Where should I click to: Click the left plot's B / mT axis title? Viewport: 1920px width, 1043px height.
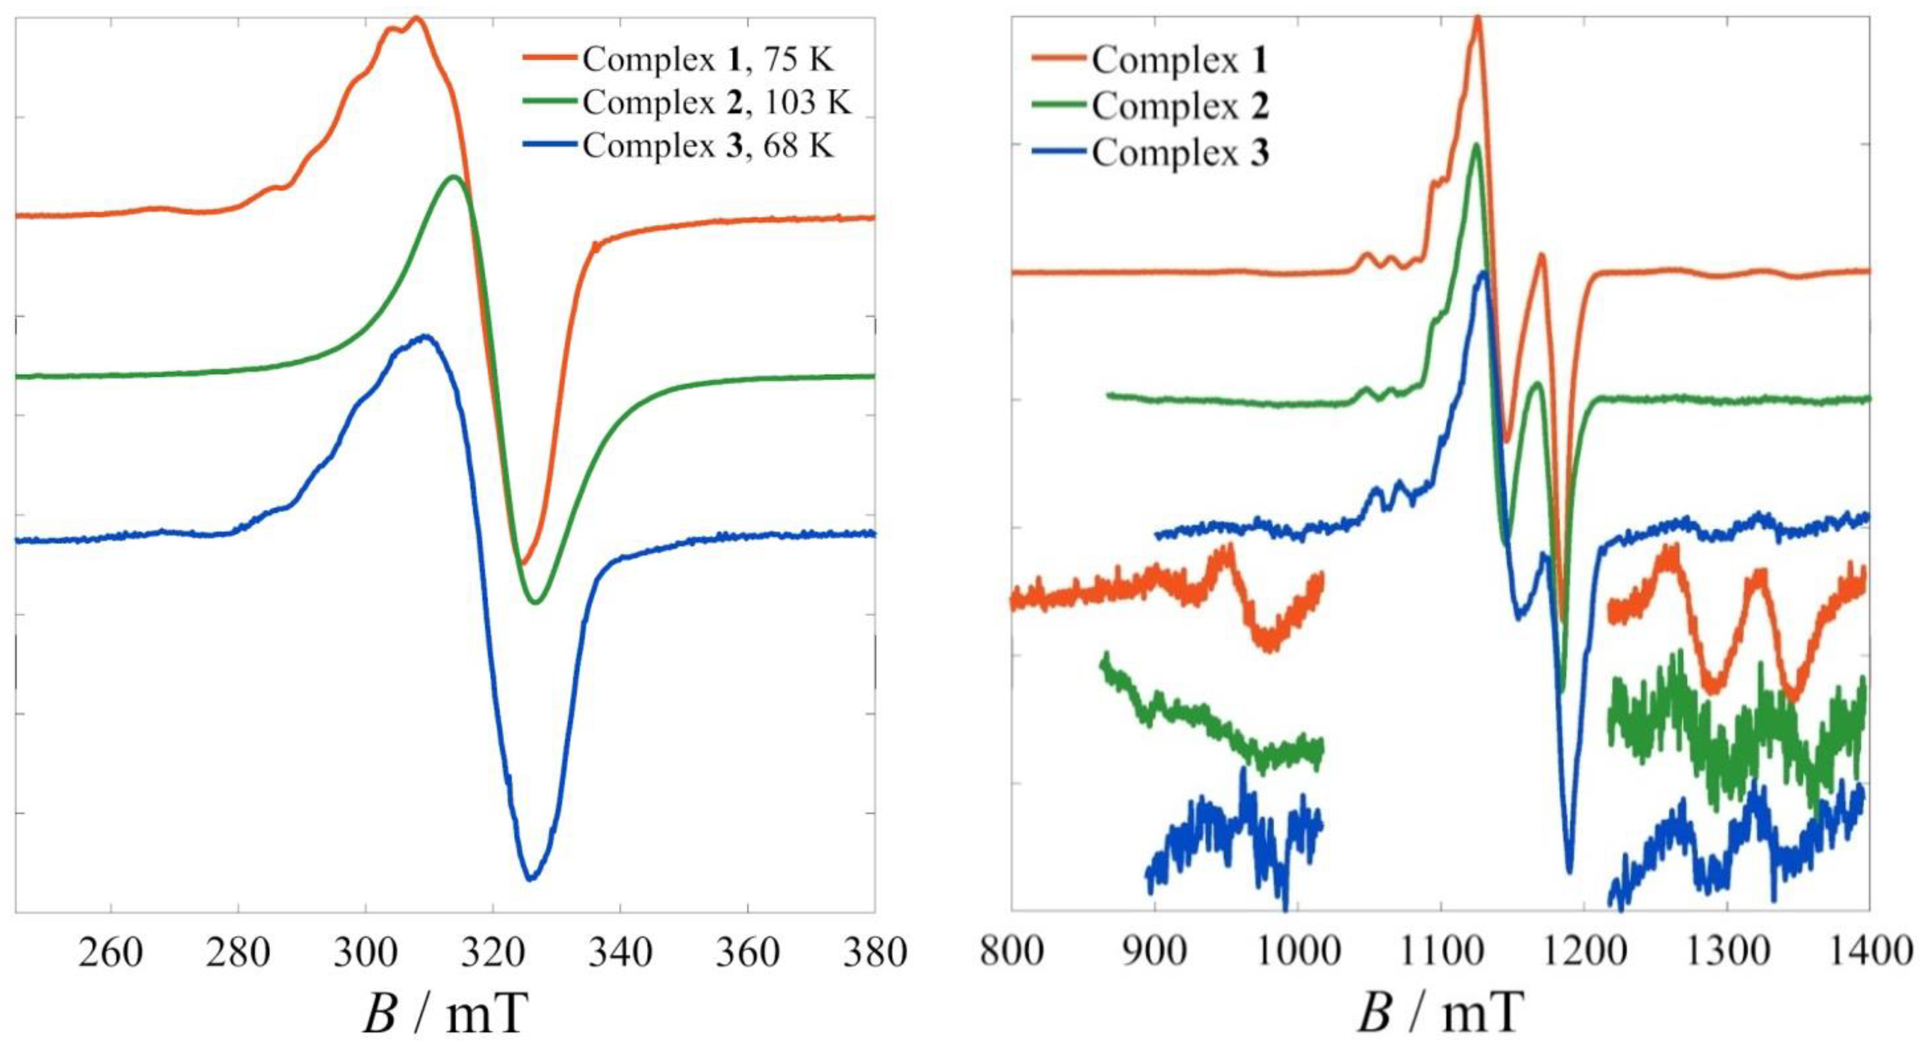445,1014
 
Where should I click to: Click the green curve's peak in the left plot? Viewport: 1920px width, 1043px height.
453,177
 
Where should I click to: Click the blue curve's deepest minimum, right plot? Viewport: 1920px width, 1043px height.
1570,872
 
